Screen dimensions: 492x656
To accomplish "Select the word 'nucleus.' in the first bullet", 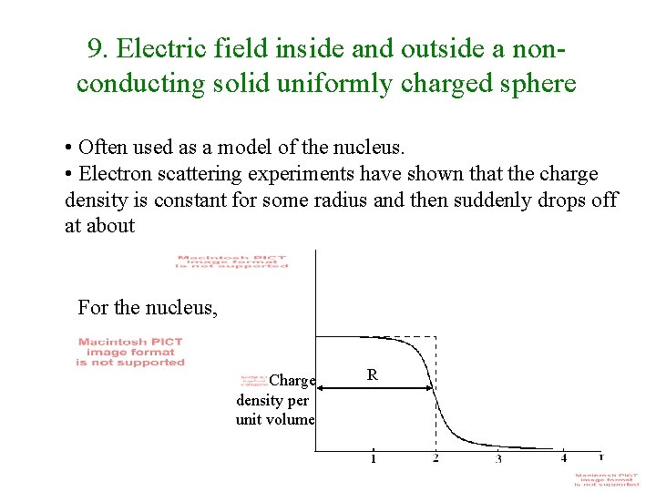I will (x=364, y=147).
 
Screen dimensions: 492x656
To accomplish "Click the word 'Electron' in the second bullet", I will (x=113, y=173).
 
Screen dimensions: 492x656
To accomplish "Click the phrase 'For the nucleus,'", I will (x=148, y=308).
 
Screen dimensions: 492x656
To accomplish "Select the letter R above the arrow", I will (x=372, y=374).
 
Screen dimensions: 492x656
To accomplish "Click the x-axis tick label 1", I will (x=373, y=458).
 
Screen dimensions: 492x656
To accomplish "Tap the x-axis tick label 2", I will (x=436, y=457).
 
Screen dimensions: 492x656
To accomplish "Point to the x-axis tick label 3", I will (x=498, y=458).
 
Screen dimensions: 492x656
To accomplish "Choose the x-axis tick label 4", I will (x=563, y=457).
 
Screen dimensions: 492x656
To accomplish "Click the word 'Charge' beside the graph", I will (x=292, y=381).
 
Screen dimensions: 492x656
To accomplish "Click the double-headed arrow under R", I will (x=374, y=389).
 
